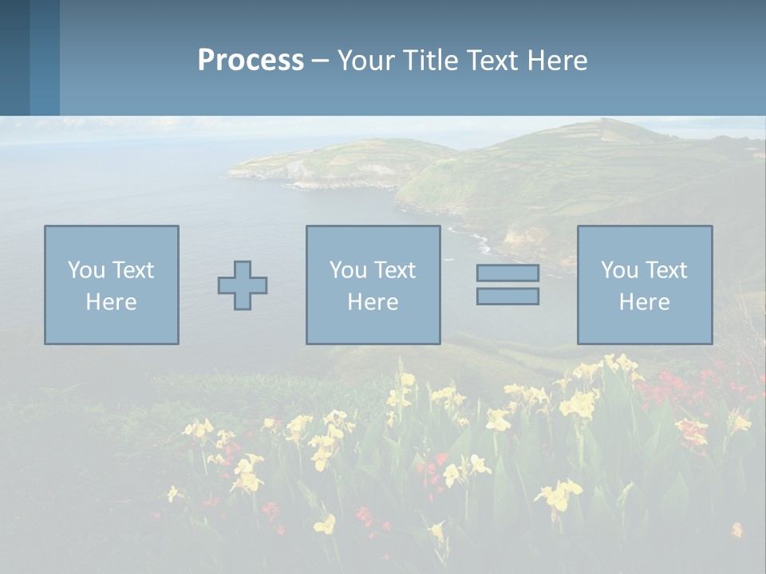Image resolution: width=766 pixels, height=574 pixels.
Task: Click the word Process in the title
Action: pos(251,61)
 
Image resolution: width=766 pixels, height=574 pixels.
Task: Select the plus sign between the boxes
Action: pos(243,285)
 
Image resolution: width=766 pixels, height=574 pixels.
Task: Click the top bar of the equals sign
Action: pos(507,273)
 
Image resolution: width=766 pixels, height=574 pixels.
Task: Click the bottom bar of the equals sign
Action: pos(507,297)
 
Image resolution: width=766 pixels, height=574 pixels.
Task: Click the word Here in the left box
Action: pos(111,302)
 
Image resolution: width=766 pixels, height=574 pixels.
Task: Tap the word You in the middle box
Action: pos(348,270)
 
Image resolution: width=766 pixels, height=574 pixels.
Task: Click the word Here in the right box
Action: pos(644,302)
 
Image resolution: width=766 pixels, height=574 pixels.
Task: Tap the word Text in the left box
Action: pos(134,270)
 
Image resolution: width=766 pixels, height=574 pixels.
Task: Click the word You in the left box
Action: pos(86,270)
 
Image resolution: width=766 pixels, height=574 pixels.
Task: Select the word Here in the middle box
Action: pos(373,302)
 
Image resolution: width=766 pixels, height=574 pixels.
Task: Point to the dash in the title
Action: pos(320,61)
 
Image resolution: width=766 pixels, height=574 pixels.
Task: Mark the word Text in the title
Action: pos(495,61)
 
